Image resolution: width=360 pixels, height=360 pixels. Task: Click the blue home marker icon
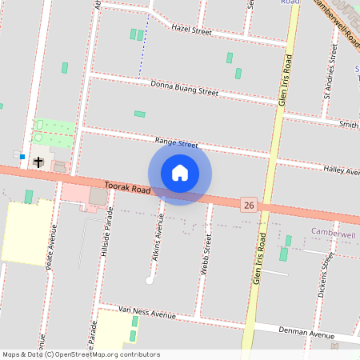coord(180,173)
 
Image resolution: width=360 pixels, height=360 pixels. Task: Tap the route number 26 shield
coord(249,206)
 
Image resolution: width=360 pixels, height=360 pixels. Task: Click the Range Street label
coord(176,143)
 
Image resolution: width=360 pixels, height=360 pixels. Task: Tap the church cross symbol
coord(38,162)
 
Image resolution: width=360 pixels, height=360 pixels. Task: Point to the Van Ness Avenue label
coord(146,312)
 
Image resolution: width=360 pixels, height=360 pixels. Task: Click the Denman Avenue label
coord(306,332)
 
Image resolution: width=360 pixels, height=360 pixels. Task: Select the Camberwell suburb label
coord(333,234)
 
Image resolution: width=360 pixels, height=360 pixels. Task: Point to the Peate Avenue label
coord(52,248)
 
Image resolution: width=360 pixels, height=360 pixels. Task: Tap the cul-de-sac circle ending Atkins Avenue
coord(149,280)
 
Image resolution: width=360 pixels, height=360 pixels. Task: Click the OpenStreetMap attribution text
coord(81,354)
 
